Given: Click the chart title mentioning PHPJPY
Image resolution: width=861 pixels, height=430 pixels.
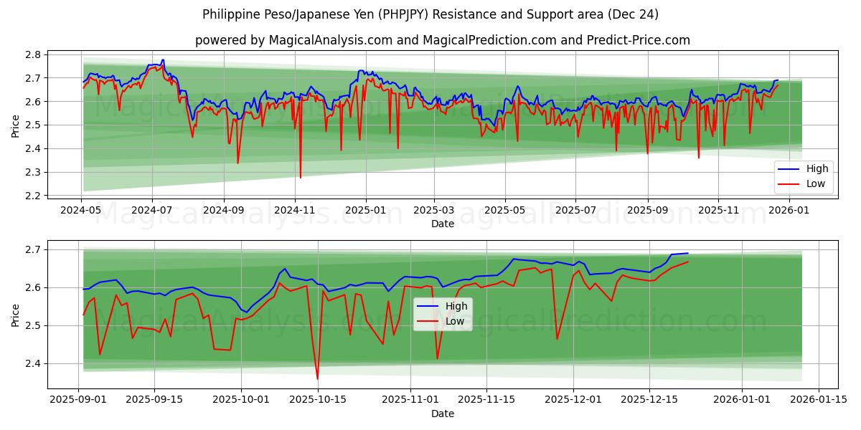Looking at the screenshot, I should [430, 14].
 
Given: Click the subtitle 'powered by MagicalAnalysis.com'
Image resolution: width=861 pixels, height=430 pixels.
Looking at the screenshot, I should [443, 40].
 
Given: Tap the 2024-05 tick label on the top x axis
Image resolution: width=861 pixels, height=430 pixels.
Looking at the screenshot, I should [80, 211].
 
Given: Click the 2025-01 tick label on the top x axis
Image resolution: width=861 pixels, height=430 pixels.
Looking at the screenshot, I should [366, 211].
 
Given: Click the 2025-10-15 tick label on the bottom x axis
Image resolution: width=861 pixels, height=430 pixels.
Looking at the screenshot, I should [318, 400].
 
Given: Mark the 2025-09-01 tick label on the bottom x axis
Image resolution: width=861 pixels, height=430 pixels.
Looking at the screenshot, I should [78, 400].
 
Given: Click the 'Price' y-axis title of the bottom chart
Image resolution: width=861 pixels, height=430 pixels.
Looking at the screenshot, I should [15, 315].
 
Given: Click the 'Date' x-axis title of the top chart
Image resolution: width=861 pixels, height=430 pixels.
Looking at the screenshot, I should [443, 224].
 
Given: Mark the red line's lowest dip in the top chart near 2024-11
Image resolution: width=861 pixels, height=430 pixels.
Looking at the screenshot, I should [301, 177].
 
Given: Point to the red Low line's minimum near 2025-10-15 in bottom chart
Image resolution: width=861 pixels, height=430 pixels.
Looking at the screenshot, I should [317, 378].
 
